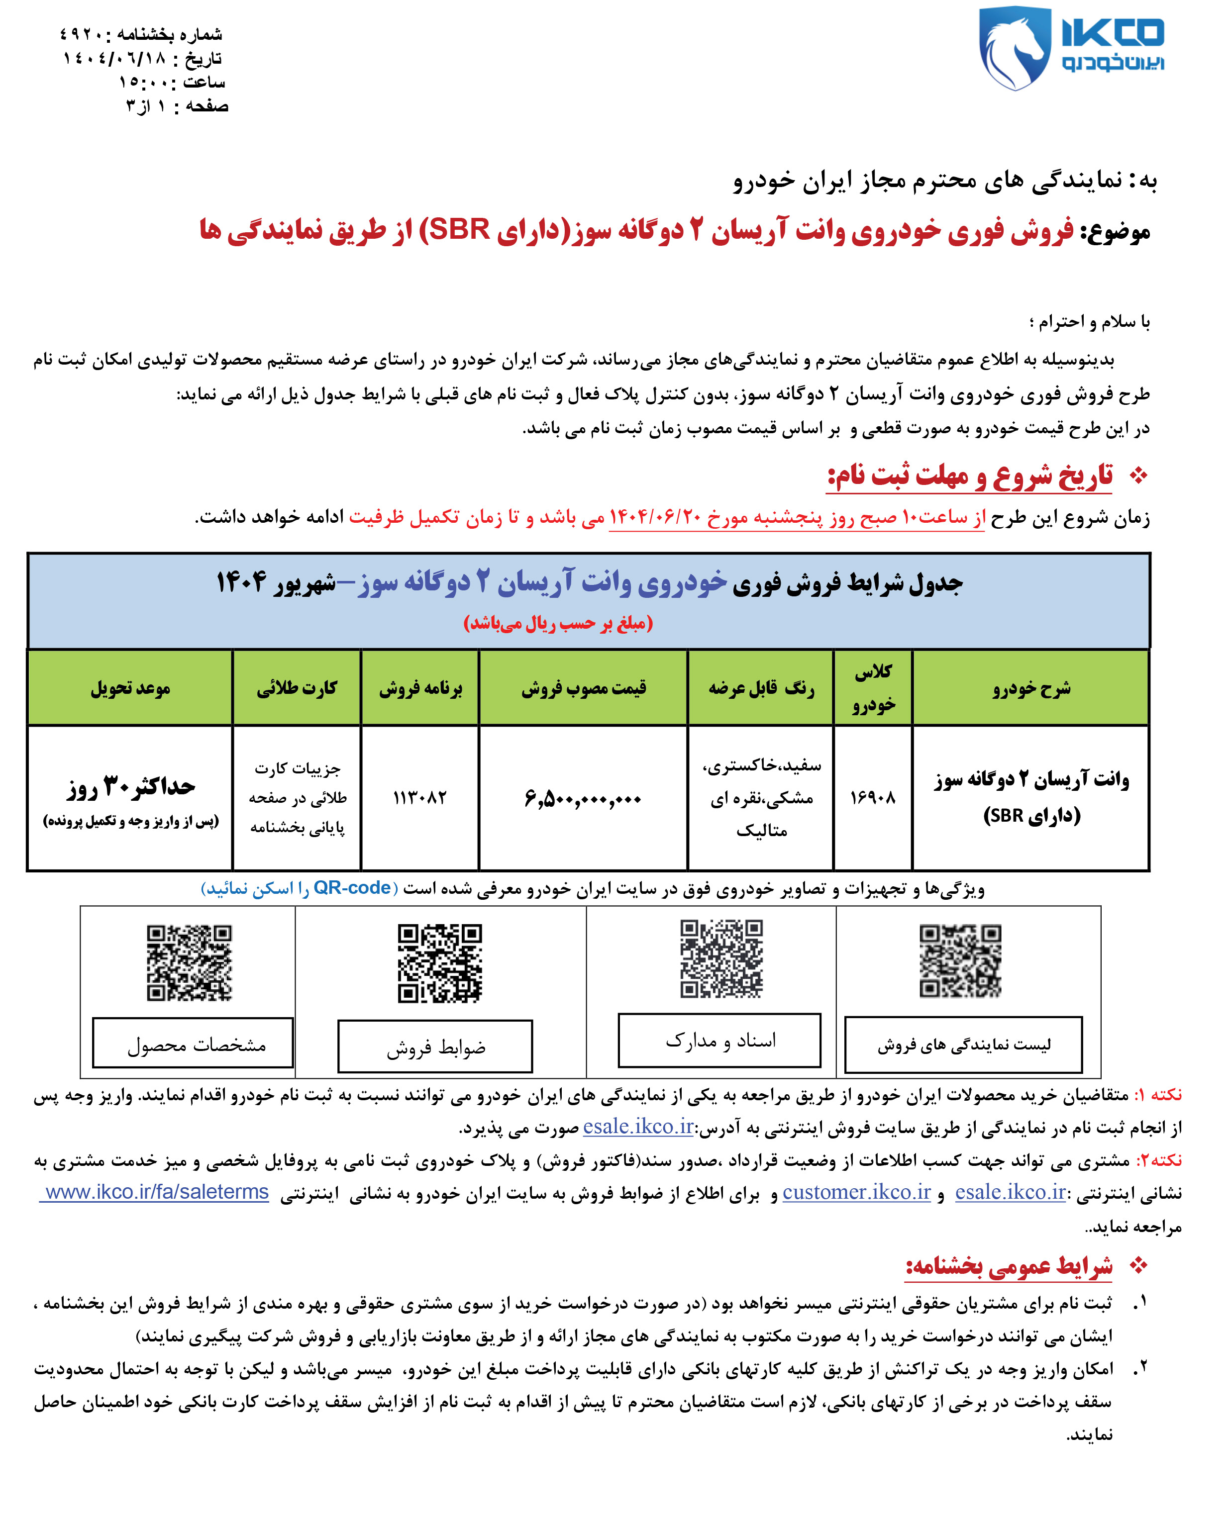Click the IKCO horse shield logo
coord(1013,48)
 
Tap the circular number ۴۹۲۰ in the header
coord(85,34)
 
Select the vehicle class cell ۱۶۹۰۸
coord(872,798)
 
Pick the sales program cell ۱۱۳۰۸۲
coord(419,798)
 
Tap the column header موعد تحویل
coord(130,688)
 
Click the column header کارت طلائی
coord(297,688)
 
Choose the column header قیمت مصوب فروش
coord(583,688)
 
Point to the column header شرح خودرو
coord(1030,688)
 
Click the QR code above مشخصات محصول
coord(189,962)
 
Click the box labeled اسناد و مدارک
coord(719,1040)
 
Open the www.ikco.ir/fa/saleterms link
coord(156,1192)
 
